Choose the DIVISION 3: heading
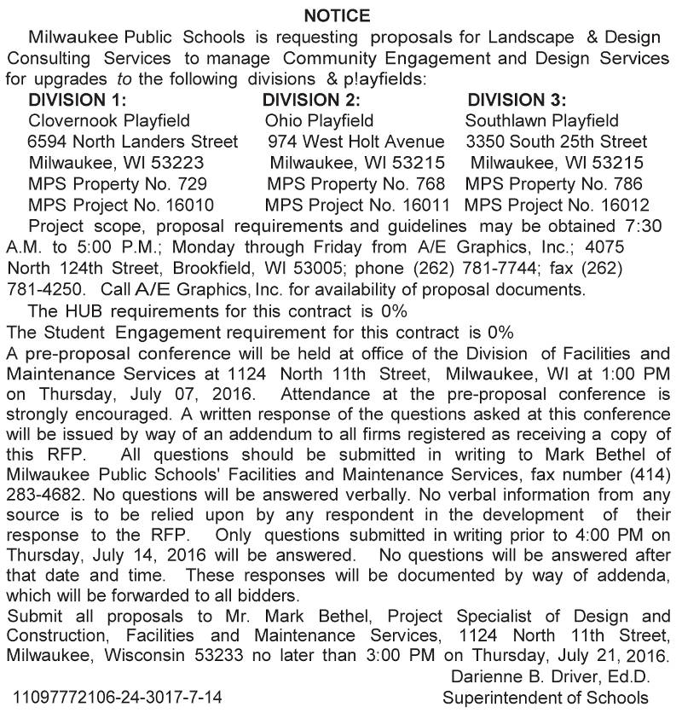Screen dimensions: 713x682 coord(517,100)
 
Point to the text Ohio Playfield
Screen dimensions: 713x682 coord(319,120)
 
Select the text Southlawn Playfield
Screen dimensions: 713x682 coord(542,120)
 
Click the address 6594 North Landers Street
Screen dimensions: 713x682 coord(133,142)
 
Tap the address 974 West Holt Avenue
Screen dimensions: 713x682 coord(355,142)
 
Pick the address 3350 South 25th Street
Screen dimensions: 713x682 coord(557,142)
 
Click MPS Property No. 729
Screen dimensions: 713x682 coord(118,183)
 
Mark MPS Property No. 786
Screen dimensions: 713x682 coord(554,183)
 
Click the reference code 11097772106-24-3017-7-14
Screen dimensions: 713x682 coord(118,697)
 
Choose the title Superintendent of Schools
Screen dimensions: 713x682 coord(546,697)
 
